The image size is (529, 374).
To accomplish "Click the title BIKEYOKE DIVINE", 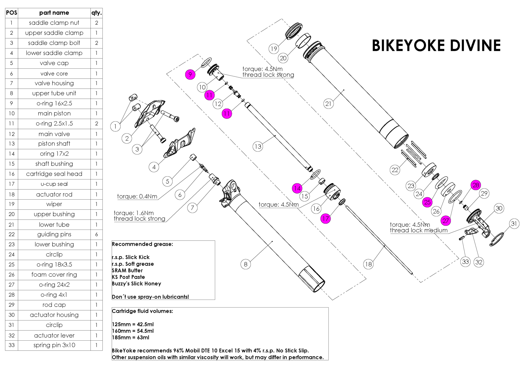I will click(x=436, y=45).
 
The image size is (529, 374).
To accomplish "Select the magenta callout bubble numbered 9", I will click(x=190, y=74).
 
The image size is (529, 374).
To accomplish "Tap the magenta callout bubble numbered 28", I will click(x=476, y=185).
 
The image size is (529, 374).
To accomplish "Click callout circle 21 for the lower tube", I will click(x=328, y=104).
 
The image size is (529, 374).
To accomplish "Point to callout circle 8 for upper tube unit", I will click(x=245, y=264).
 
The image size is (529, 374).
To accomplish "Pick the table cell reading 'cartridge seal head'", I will click(x=54, y=174).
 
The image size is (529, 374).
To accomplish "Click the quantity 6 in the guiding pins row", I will click(x=96, y=234).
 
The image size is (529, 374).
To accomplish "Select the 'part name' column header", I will click(x=54, y=13).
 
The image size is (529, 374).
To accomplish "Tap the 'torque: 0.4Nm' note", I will click(x=137, y=197).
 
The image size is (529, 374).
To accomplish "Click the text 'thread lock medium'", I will click(x=419, y=230).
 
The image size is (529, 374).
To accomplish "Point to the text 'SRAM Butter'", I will click(x=127, y=270).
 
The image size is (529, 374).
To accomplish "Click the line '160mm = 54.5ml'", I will click(x=133, y=331).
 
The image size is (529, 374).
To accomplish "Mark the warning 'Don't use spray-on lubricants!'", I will click(x=150, y=297).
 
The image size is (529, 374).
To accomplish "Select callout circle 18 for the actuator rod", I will click(x=368, y=264).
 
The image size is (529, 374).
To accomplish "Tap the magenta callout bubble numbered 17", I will click(x=325, y=219).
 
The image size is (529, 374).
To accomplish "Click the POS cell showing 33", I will click(x=12, y=345).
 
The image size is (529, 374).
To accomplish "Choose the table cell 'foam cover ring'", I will click(x=54, y=275).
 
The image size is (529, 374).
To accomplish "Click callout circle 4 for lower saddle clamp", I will click(x=154, y=167).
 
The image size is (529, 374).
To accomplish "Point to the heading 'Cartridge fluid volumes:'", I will click(x=142, y=311).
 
